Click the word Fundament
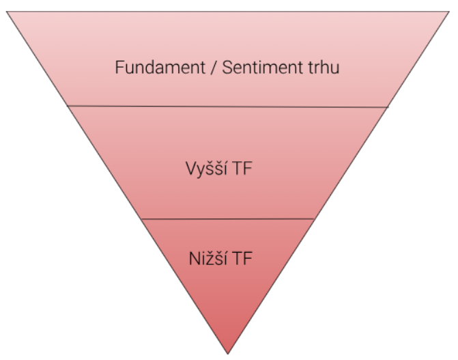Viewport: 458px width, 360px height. [149, 68]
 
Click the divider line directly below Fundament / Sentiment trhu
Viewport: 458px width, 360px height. [229, 107]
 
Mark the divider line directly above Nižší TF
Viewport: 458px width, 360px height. [229, 219]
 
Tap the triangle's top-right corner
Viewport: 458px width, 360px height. [450, 12]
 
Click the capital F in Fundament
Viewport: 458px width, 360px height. [118, 68]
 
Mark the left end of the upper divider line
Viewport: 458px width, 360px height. [68, 106]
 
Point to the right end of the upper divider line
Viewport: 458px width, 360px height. [388, 107]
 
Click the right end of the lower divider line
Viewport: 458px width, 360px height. [315, 219]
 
